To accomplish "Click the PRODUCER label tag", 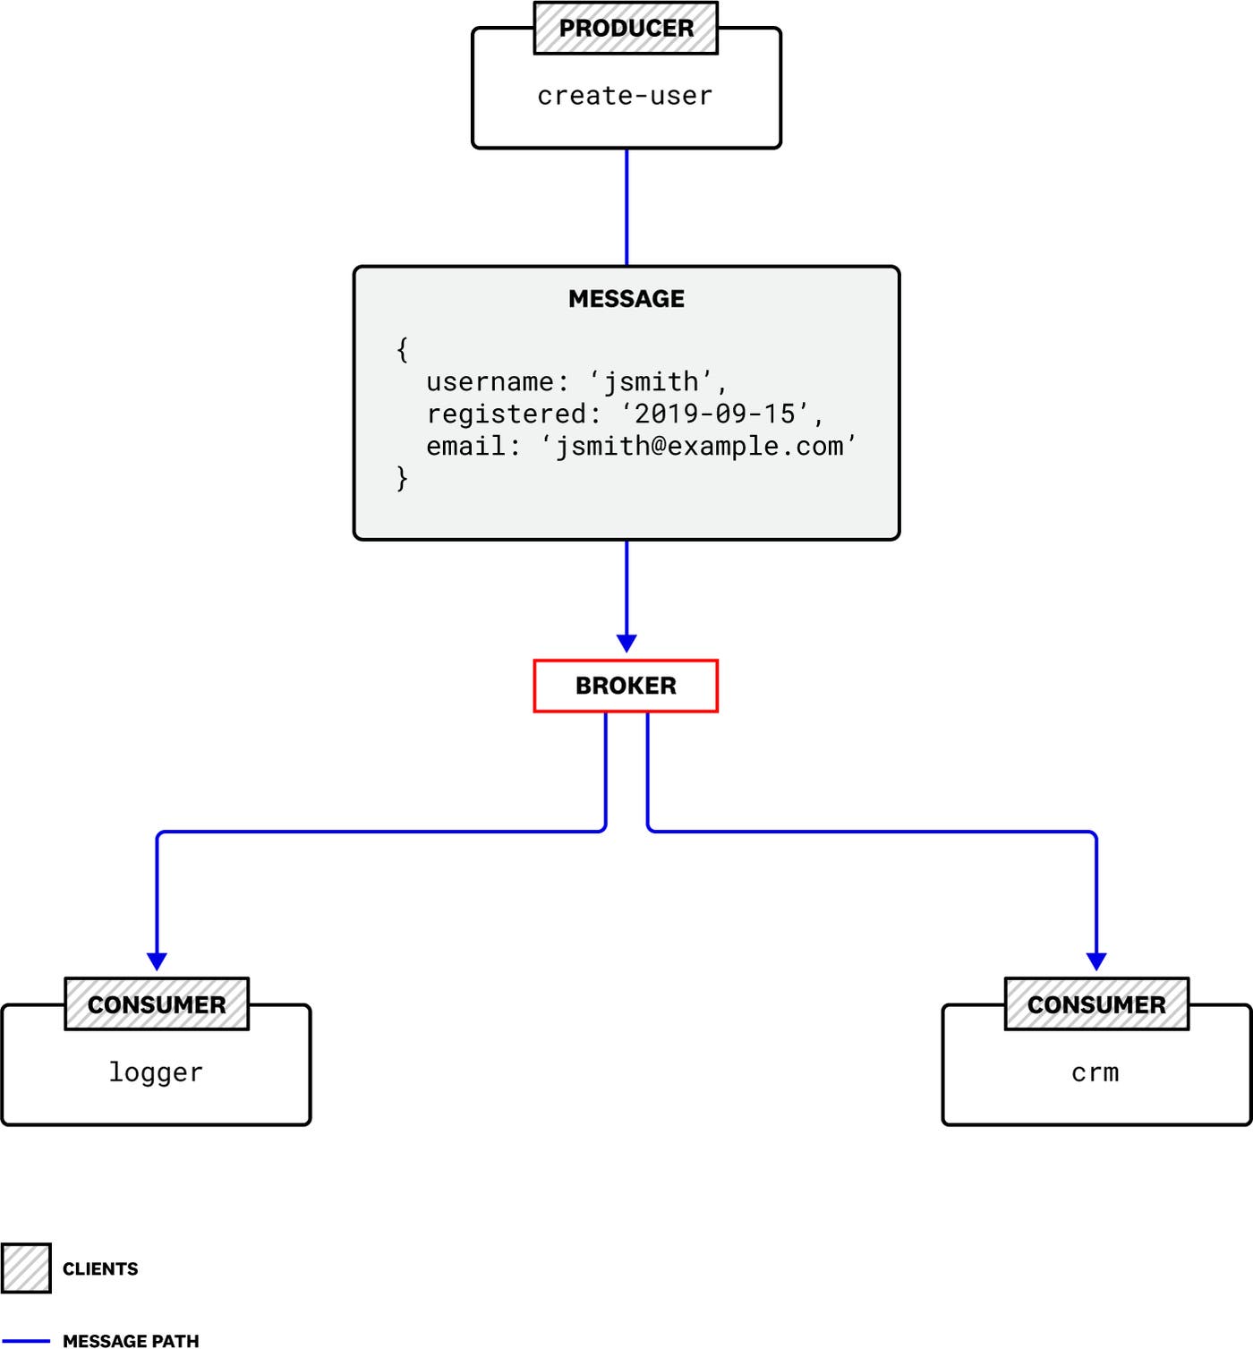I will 626,29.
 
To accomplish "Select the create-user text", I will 625,96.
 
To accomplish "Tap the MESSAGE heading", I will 626,299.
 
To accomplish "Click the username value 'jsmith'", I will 652,382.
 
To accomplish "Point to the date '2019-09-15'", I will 715,414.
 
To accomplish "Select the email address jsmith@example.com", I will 699,446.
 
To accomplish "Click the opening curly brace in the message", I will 402,349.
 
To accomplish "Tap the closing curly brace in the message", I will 402,478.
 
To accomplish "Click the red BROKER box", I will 626,686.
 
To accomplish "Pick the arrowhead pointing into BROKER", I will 626,643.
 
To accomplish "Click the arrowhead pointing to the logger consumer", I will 157,961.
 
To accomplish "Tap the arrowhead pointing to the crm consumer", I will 1096,961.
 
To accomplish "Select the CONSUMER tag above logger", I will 157,1004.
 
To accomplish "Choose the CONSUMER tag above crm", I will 1096,1004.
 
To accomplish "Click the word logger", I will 156,1072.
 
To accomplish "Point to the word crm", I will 1095,1072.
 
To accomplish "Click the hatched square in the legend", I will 26,1268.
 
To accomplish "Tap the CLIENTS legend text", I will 100,1268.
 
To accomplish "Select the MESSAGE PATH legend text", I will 131,1340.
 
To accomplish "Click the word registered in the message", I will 507,414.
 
